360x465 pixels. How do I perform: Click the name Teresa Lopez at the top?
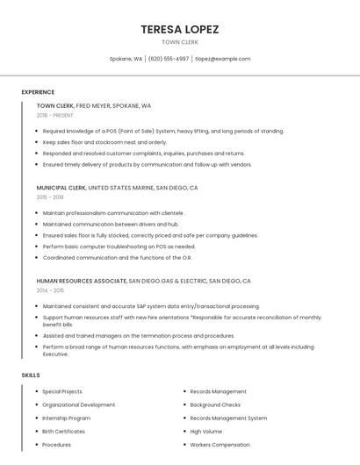pyautogui.click(x=180, y=29)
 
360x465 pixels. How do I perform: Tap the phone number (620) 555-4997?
pyautogui.click(x=169, y=59)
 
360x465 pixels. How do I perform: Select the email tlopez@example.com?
pyautogui.click(x=222, y=59)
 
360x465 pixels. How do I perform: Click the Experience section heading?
pyautogui.click(x=38, y=92)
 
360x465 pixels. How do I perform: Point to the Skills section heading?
pyautogui.click(x=31, y=376)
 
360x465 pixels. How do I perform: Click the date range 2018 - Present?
pyautogui.click(x=55, y=115)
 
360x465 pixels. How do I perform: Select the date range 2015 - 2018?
pyautogui.click(x=50, y=197)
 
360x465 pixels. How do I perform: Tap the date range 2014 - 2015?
pyautogui.click(x=50, y=290)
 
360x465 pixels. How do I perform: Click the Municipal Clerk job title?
pyautogui.click(x=61, y=188)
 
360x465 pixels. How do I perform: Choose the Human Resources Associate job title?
pyautogui.click(x=82, y=281)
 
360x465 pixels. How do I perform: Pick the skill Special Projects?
pyautogui.click(x=62, y=391)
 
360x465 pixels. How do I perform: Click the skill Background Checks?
pyautogui.click(x=215, y=405)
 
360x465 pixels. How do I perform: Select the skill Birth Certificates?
pyautogui.click(x=64, y=432)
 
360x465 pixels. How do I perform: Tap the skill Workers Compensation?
pyautogui.click(x=220, y=445)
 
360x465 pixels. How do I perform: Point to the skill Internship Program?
pyautogui.click(x=66, y=418)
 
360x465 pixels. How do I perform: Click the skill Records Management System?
pyautogui.click(x=228, y=418)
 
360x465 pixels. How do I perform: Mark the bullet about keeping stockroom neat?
pyautogui.click(x=104, y=142)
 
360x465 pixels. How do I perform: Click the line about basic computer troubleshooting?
pyautogui.click(x=119, y=247)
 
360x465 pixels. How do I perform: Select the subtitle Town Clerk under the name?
pyautogui.click(x=180, y=42)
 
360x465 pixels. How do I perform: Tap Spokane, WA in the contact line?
pyautogui.click(x=126, y=59)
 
